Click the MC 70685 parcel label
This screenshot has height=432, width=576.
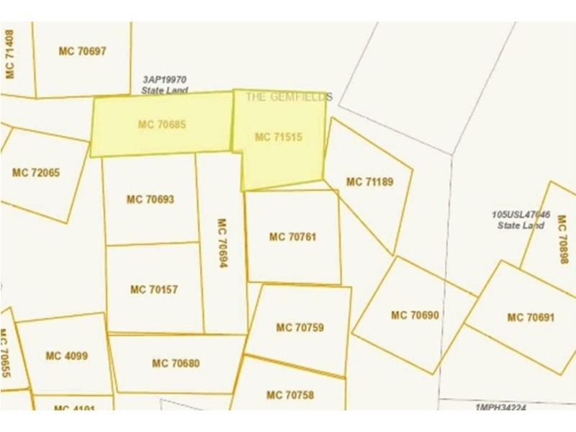click(x=162, y=125)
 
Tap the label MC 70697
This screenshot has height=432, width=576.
click(x=82, y=51)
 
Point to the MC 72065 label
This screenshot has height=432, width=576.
click(x=36, y=173)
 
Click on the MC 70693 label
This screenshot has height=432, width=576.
click(x=150, y=199)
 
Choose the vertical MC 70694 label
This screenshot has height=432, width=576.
click(x=222, y=243)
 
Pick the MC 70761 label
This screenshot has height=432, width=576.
click(x=293, y=236)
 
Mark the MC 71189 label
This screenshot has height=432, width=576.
click(x=369, y=182)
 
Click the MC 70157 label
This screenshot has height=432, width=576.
click(x=154, y=289)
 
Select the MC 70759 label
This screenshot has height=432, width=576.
click(x=300, y=328)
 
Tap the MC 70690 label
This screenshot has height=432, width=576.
click(x=415, y=315)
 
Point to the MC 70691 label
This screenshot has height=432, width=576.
click(x=531, y=318)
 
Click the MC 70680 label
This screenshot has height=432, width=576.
click(x=176, y=364)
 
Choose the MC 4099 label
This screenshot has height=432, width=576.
click(x=66, y=356)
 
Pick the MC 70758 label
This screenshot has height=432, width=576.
click(x=290, y=395)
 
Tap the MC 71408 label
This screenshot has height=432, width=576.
click(x=9, y=54)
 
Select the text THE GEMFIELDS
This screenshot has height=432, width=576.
click(x=289, y=96)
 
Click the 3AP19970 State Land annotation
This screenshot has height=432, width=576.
click(x=164, y=86)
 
